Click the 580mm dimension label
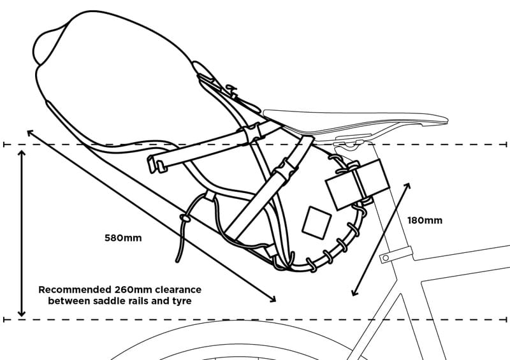tap(123, 238)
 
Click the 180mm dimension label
tap(425, 220)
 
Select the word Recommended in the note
tap(75, 289)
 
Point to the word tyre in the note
tap(182, 301)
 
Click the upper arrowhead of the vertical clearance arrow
tap(22, 154)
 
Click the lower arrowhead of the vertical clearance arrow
tap(22, 313)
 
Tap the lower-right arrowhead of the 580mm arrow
tap(273, 299)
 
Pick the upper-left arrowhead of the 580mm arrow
tap(30, 133)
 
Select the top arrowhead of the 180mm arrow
tap(407, 186)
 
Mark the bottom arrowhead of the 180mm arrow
tap(354, 292)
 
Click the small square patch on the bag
tap(316, 222)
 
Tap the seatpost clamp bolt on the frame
tap(386, 258)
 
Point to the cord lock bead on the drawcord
tap(186, 218)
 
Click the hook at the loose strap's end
tap(156, 164)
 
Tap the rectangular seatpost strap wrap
tap(357, 184)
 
